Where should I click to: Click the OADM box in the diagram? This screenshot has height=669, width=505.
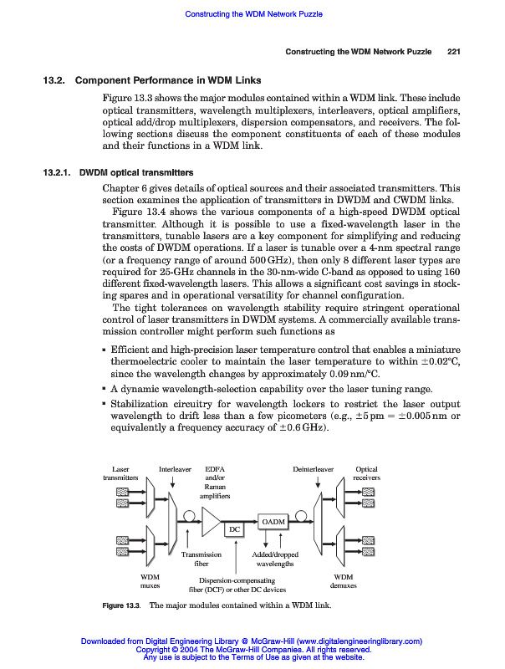point(273,522)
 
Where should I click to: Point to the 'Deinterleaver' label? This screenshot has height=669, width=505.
point(313,470)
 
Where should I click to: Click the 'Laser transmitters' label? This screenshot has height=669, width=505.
point(120,473)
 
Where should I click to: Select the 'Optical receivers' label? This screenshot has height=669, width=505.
point(367,473)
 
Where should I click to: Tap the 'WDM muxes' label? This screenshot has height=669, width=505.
point(150,581)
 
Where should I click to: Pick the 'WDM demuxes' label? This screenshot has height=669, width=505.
point(344,581)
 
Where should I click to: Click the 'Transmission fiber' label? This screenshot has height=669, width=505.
point(201,559)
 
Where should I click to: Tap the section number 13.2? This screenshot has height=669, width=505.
point(55,80)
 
